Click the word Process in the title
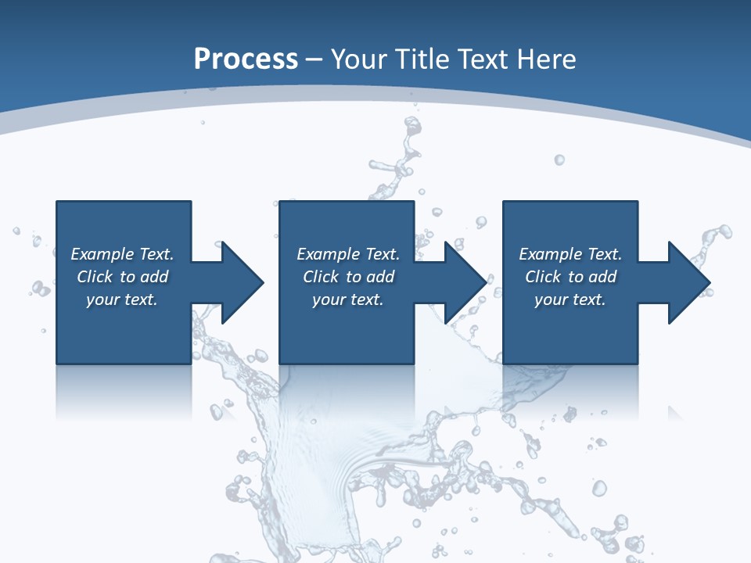point(246,59)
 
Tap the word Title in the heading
point(423,59)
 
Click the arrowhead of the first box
point(242,282)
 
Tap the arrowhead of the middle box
point(465,282)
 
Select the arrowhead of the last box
point(688,282)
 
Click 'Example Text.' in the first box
point(122,254)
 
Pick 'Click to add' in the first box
point(122,277)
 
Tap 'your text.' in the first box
point(122,299)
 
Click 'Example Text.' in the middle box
point(347,254)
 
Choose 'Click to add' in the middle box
point(347,277)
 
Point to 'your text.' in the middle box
point(347,299)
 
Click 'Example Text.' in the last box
point(570,254)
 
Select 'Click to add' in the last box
point(570,277)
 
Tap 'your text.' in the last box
point(570,299)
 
